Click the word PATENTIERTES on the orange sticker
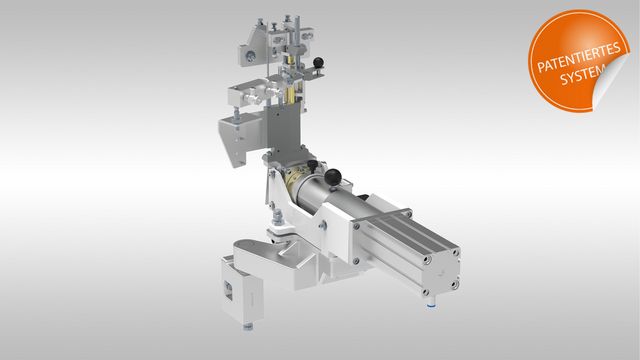[579, 56]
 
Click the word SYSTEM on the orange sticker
[581, 74]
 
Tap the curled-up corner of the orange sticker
[609, 85]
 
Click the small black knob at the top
[318, 62]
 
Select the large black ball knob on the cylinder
[333, 177]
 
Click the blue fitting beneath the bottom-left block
[247, 327]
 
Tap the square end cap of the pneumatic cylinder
[441, 271]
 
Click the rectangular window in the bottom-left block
[228, 290]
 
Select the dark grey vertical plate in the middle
[284, 127]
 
